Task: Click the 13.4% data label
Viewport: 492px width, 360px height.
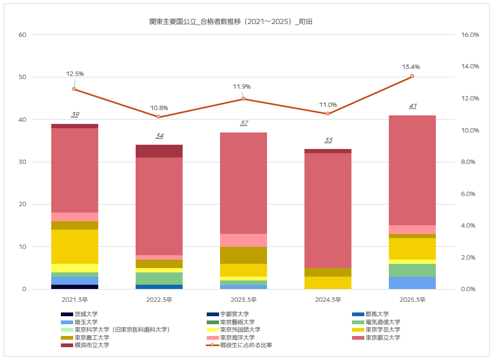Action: point(411,67)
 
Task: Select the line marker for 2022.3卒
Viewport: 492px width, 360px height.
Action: point(159,117)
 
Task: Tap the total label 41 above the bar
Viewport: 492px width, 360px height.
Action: point(412,106)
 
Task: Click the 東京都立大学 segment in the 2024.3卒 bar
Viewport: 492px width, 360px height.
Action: point(328,210)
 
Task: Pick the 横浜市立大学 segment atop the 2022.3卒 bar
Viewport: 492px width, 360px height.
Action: point(159,151)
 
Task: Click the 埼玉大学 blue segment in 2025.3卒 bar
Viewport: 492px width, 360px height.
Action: point(412,283)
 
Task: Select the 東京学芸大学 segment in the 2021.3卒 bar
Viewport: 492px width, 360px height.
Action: point(75,246)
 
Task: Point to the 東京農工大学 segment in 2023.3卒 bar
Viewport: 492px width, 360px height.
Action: point(244,255)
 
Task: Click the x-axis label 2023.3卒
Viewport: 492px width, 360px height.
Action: point(244,300)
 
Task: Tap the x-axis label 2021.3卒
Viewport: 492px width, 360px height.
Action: point(75,300)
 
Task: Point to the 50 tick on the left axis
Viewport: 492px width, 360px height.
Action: point(22,77)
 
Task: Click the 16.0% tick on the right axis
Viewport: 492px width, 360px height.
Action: point(470,35)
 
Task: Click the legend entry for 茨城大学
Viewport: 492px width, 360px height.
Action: point(86,314)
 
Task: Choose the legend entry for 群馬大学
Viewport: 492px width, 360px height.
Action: point(377,314)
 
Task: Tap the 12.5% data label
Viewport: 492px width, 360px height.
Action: point(75,74)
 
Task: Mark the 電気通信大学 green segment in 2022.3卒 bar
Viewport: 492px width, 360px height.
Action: point(159,278)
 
